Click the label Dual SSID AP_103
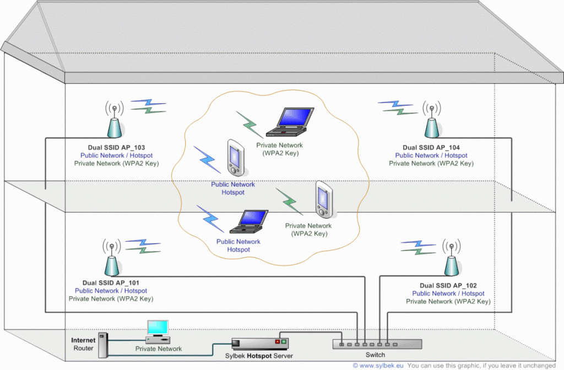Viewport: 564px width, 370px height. (x=116, y=148)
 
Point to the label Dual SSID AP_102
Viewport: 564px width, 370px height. (x=448, y=286)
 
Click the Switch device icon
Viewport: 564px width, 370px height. (x=377, y=344)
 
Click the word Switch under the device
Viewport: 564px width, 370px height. (x=376, y=355)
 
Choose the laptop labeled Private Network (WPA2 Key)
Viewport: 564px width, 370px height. (x=290, y=123)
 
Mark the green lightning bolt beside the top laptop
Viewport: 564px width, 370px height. (x=249, y=124)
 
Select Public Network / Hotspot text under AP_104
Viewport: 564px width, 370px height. (x=431, y=155)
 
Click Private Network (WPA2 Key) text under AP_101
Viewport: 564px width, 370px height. (x=111, y=299)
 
